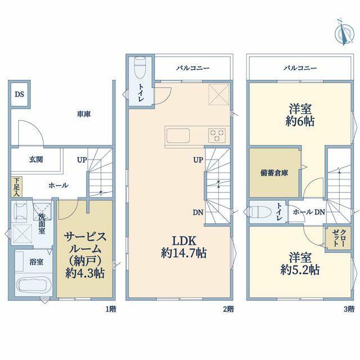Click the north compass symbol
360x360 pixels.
(344, 33)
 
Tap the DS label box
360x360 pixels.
(20, 94)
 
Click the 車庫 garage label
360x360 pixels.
(84, 114)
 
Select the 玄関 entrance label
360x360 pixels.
(36, 159)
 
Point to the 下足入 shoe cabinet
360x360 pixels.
(16, 187)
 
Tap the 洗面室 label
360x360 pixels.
(42, 223)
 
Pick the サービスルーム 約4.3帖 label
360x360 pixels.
(85, 255)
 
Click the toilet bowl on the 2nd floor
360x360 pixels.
(140, 67)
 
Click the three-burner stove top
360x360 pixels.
(217, 135)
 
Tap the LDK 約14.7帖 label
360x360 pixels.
(184, 247)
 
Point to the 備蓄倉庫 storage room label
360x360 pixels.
(274, 173)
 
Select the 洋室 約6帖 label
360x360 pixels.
(300, 115)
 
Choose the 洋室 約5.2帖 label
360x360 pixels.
(300, 263)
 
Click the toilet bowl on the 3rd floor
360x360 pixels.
(255, 211)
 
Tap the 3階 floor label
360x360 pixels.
(349, 309)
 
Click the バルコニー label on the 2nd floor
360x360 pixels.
(193, 68)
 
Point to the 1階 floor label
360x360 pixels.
(111, 309)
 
